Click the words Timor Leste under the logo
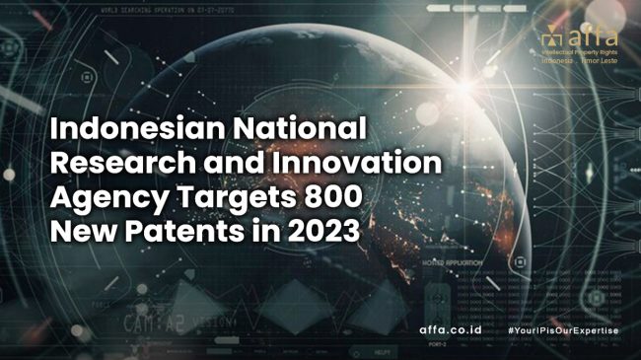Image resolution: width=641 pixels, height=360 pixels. tap(601, 61)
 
